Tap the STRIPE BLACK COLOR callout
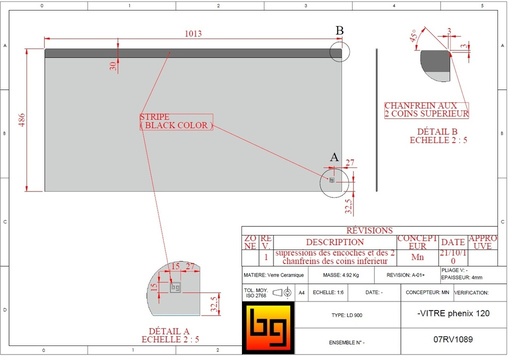[169, 121]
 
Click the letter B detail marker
[339, 32]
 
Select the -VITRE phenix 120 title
[451, 314]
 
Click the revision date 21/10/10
[453, 256]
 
